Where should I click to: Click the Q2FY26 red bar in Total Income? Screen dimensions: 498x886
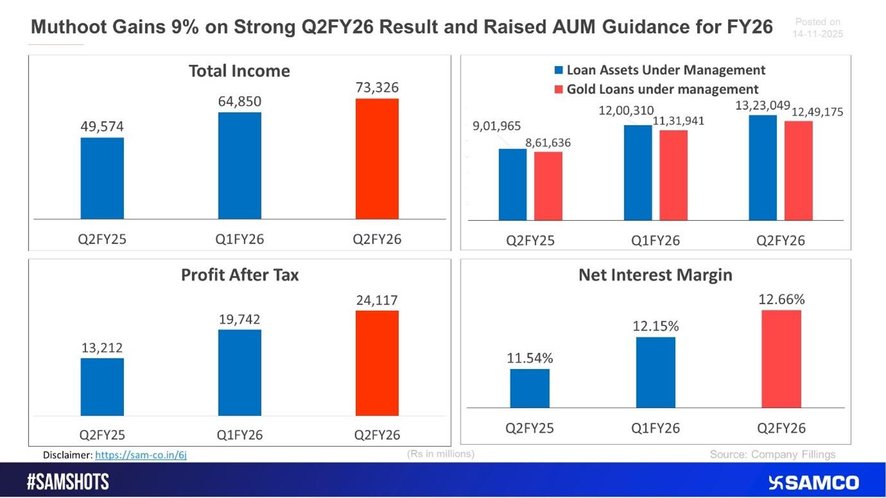377,159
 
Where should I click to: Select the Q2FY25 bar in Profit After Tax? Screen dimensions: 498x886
102,386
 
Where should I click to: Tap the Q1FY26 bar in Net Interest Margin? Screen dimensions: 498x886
655,372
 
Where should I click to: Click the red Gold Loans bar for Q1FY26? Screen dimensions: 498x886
673,175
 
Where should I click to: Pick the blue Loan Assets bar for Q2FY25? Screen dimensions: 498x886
513,185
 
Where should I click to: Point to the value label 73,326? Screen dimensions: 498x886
377,87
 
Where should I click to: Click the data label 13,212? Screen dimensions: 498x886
102,348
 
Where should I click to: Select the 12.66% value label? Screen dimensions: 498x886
781,299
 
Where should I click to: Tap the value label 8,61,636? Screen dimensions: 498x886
548,142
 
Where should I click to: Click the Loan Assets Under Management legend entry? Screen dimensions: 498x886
659,70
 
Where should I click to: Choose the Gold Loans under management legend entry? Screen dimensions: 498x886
656,89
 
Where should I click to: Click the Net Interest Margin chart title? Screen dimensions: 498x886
655,275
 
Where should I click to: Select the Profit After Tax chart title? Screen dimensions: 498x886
240,275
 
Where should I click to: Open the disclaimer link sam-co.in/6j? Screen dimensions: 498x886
141,455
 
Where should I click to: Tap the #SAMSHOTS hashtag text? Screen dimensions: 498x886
68,483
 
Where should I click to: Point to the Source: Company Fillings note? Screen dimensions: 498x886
772,454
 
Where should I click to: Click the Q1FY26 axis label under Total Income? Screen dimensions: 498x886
240,240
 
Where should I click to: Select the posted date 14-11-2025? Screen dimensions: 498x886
817,34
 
